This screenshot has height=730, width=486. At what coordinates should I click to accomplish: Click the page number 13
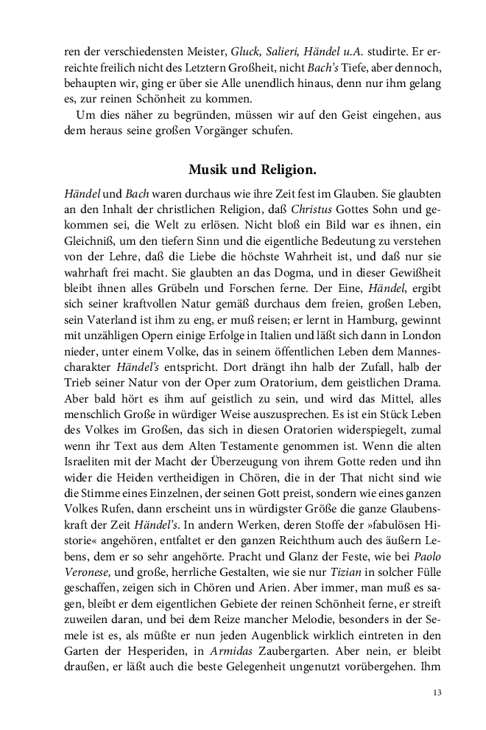[437, 692]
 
